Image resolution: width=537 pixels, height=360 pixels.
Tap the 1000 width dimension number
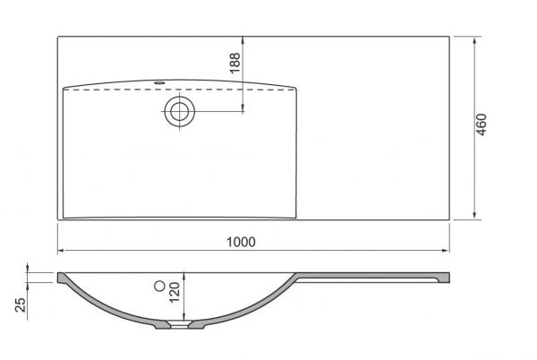[241, 241]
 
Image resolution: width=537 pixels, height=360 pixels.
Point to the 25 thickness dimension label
[21, 304]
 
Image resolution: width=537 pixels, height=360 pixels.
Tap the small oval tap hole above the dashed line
[162, 83]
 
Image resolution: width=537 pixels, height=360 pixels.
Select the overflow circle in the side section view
[160, 286]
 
